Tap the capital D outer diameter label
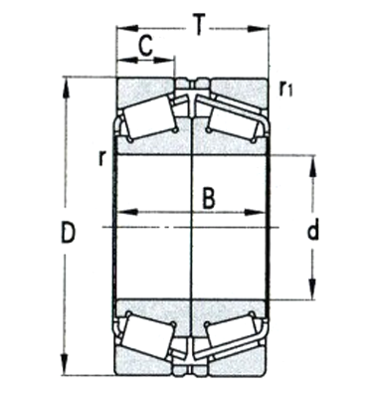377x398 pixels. pos(68,235)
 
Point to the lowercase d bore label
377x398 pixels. pos(312,232)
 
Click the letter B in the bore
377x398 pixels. pos(209,197)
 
